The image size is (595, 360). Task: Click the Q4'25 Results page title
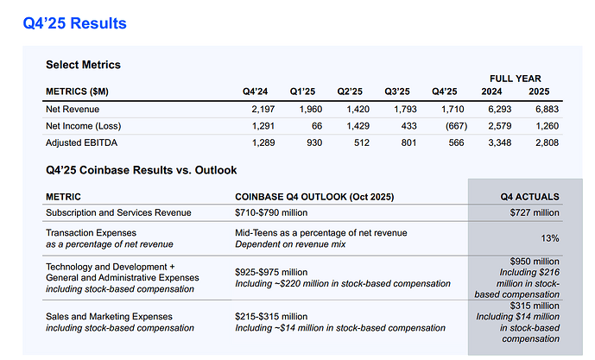click(75, 23)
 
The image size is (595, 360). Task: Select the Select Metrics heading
click(83, 65)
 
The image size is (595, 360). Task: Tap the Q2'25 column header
click(350, 92)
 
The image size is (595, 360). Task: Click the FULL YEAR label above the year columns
click(515, 79)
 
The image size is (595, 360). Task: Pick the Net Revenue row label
click(73, 110)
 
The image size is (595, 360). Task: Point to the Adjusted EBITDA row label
click(81, 142)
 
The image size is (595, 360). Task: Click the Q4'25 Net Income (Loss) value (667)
click(456, 126)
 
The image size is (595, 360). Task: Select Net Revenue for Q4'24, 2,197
click(263, 110)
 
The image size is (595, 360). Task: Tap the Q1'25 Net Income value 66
click(317, 126)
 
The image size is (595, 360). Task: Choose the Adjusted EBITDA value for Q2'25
click(362, 142)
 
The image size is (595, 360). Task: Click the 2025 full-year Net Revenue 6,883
click(547, 110)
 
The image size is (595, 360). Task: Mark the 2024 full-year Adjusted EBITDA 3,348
click(500, 142)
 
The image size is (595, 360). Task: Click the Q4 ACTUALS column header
click(529, 197)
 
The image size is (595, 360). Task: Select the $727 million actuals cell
click(535, 213)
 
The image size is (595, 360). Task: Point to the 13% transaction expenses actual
click(550, 238)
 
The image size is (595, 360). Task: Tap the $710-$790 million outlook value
click(271, 213)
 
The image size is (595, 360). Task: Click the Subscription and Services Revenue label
click(118, 213)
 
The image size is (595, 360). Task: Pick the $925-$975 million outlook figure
click(271, 272)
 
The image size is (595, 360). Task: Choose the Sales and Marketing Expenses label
click(109, 316)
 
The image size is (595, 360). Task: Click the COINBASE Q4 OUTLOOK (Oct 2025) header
click(314, 197)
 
